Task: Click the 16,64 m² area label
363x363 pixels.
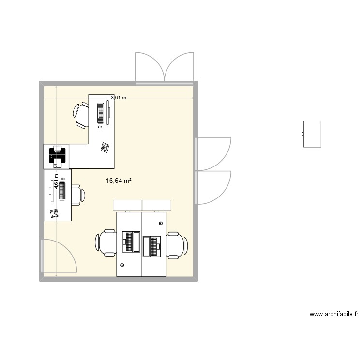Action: (119, 181)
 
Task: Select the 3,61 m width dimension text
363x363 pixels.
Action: (119, 98)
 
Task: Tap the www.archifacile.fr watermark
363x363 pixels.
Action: (334, 314)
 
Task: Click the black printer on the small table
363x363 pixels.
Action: (57, 155)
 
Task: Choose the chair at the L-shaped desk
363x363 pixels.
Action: (81, 116)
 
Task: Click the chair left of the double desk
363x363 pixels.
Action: (106, 242)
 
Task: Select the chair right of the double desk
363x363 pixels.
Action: (177, 242)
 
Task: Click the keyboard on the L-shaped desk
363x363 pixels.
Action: (101, 113)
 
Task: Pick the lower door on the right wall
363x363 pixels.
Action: (213, 187)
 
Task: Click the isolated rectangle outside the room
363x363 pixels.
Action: (312, 134)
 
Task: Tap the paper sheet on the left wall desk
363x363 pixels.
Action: (54, 213)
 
